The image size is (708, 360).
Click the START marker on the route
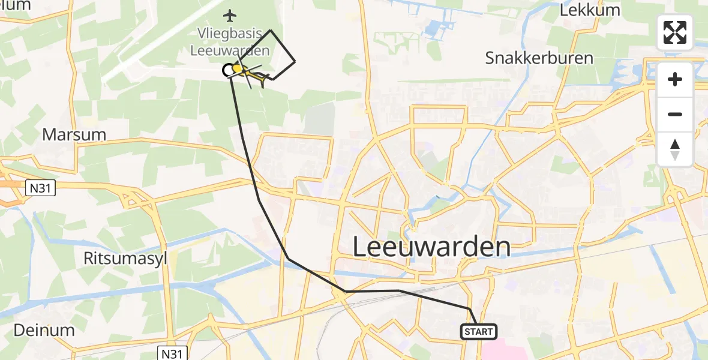tap(479, 331)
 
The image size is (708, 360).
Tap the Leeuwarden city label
tap(431, 247)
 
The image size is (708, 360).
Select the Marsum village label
tap(74, 134)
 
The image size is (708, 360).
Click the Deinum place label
tap(44, 330)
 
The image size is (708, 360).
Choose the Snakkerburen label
tap(539, 58)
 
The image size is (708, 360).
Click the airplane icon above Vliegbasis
tap(230, 14)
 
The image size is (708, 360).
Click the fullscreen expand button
tap(675, 32)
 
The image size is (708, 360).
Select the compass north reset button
tap(675, 149)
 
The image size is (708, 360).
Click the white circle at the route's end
tap(229, 71)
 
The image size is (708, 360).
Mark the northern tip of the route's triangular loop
tap(271, 30)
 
